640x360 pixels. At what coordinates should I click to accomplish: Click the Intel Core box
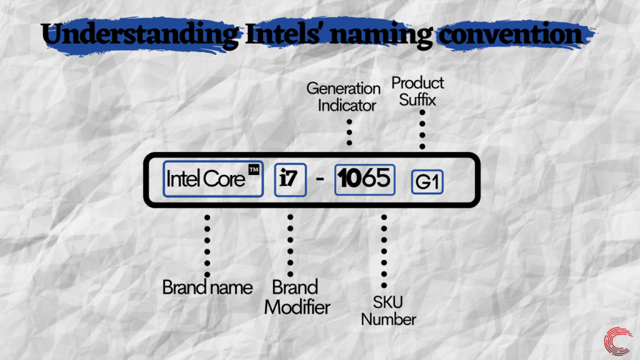[x=212, y=180]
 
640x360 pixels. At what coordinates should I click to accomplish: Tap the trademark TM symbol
[x=254, y=170]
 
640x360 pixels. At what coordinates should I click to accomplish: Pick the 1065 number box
[x=364, y=179]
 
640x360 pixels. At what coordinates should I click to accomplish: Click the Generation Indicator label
[x=344, y=97]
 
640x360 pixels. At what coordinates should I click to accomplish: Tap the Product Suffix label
[x=417, y=91]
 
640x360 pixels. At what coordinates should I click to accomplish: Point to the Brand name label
[x=207, y=287]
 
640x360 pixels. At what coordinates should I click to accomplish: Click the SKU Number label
[x=389, y=311]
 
